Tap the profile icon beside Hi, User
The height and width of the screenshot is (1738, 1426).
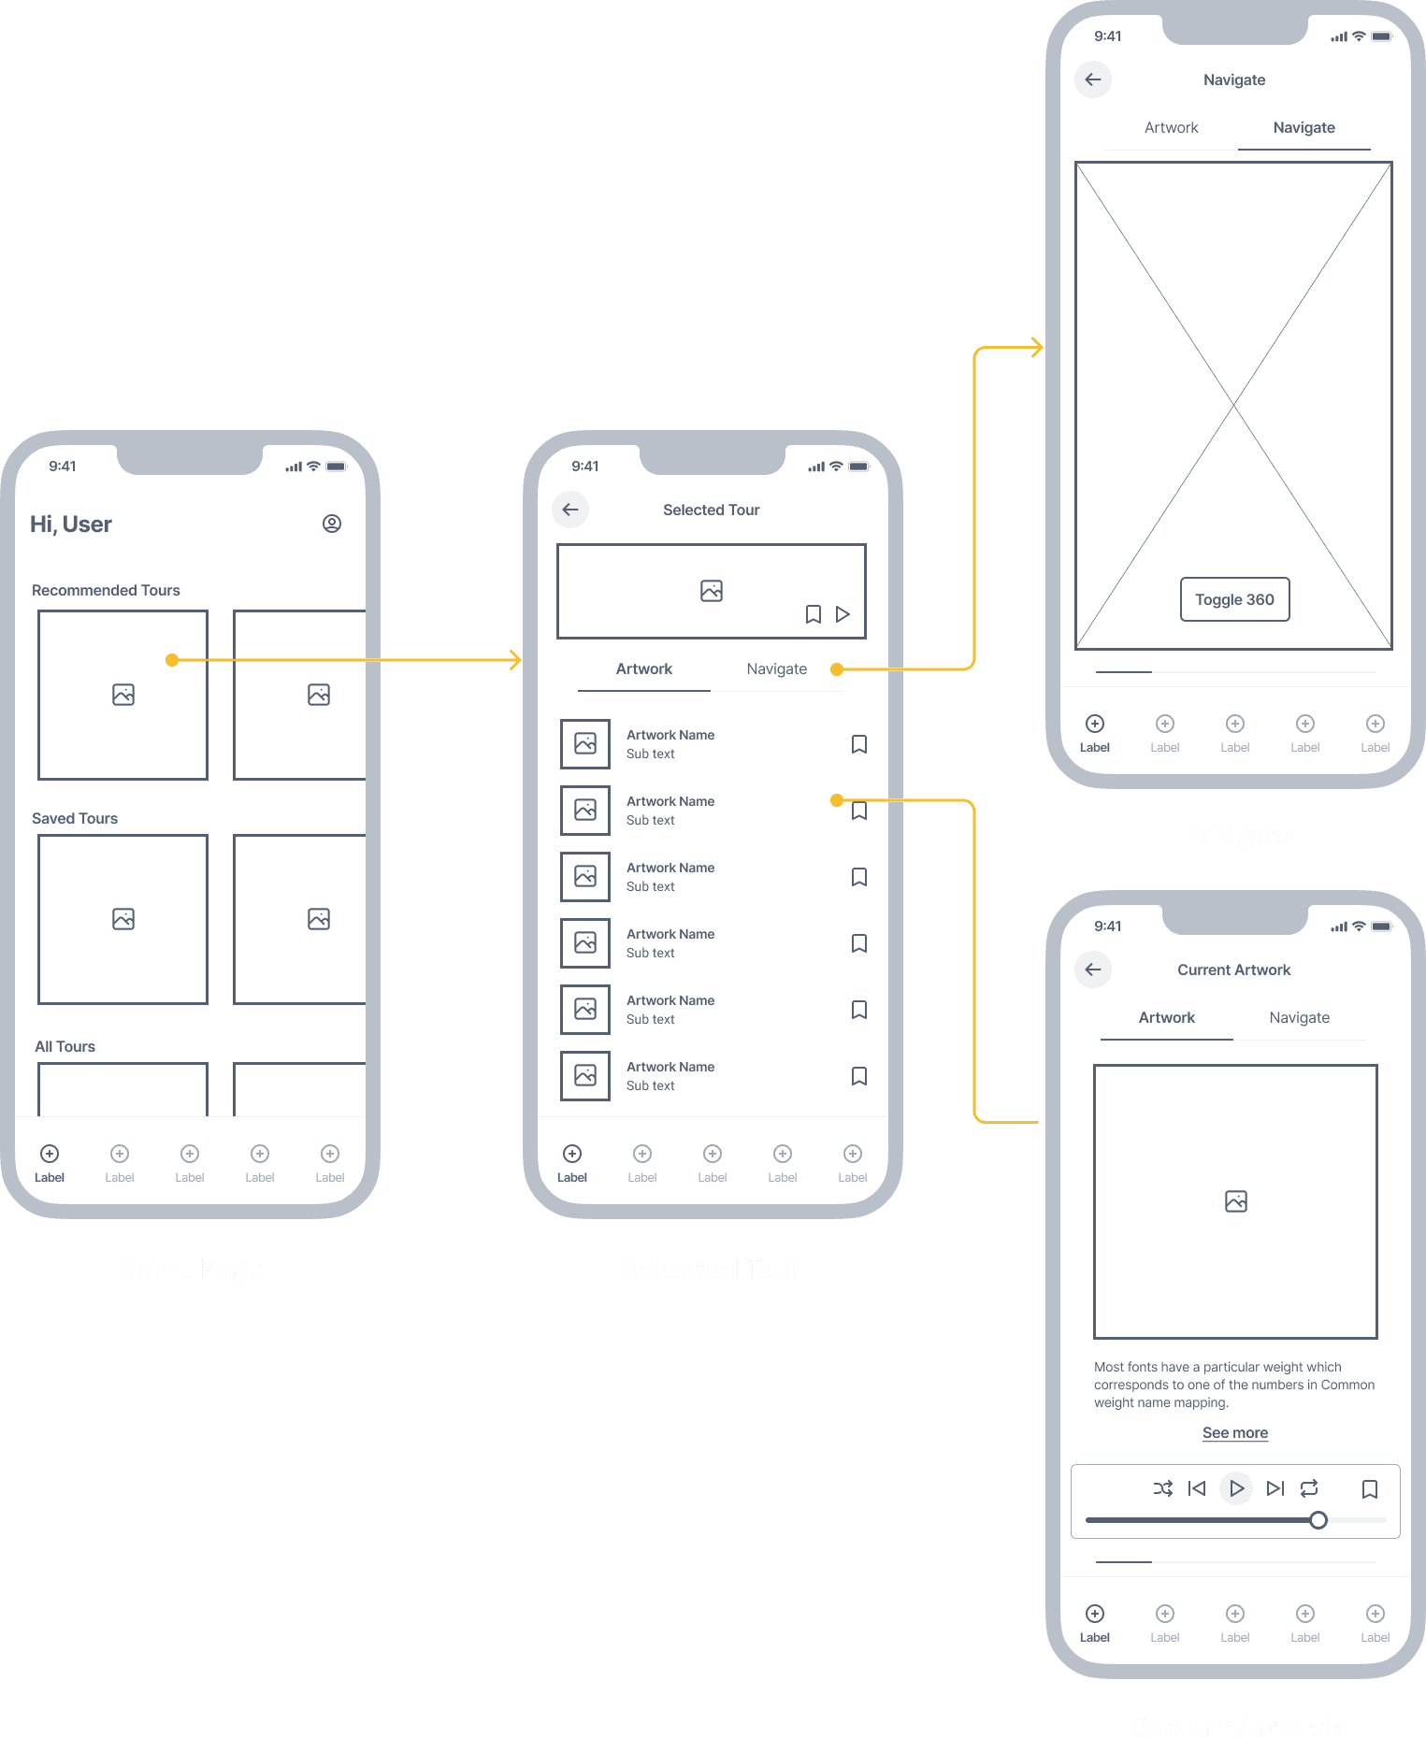(x=332, y=524)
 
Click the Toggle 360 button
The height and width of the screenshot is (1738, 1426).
(x=1234, y=599)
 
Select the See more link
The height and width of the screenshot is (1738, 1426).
(x=1234, y=1432)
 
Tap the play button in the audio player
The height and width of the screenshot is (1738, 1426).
(x=1236, y=1488)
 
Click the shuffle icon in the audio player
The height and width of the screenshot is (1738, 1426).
(x=1162, y=1488)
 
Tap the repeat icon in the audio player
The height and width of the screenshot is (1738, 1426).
(x=1309, y=1488)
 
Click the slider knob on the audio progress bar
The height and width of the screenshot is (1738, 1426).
(x=1318, y=1520)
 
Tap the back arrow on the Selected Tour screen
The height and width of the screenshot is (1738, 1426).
(x=570, y=510)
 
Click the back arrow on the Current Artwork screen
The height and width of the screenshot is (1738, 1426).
(x=1093, y=970)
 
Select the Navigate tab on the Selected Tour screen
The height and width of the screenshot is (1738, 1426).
(x=776, y=668)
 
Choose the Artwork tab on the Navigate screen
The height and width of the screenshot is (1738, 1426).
(x=1171, y=127)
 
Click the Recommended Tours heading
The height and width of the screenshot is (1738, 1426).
(x=106, y=590)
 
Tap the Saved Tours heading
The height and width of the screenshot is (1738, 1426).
(x=75, y=818)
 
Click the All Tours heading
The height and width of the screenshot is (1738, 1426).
(x=65, y=1046)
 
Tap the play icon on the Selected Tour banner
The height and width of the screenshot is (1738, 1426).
(x=843, y=614)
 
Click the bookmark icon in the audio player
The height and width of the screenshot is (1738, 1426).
(x=1370, y=1488)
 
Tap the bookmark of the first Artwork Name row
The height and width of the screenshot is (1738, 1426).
(x=859, y=744)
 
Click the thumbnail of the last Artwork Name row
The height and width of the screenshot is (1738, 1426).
(x=585, y=1075)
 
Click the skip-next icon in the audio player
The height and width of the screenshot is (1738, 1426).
(x=1275, y=1488)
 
